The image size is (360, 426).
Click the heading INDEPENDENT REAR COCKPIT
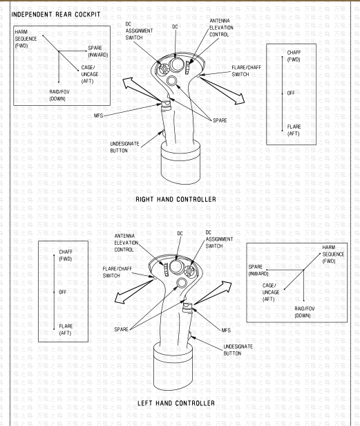tap(56, 15)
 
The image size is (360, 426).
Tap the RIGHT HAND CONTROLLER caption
tap(176, 199)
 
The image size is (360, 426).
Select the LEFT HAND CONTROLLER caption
tap(176, 403)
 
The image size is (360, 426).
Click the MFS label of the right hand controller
tap(99, 115)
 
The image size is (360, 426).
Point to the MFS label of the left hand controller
tap(226, 330)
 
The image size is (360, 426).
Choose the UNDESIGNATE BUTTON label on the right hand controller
tap(124, 147)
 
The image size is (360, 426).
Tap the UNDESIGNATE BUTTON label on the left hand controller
tap(238, 350)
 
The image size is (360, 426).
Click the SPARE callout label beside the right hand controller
tap(220, 120)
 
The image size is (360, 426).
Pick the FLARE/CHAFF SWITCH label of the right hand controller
tap(246, 71)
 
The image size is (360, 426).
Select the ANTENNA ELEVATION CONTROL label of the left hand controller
tap(126, 243)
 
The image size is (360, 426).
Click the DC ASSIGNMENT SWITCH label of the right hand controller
tap(139, 31)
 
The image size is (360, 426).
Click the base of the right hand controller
tap(180, 163)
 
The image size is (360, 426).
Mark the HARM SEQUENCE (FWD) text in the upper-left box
tap(26, 39)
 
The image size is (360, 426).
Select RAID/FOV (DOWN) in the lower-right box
tap(305, 312)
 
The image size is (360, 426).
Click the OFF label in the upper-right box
tap(291, 93)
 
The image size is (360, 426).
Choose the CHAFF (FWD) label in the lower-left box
tap(66, 255)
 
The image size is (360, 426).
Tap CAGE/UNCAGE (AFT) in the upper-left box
tap(90, 74)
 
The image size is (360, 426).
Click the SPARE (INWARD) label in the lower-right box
tap(258, 270)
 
